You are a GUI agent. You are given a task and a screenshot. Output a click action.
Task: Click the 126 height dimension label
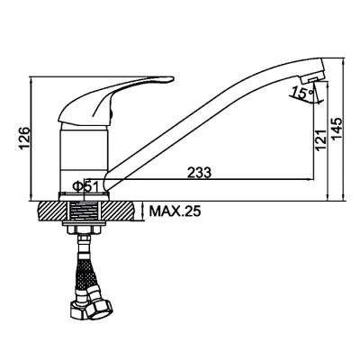click(24, 137)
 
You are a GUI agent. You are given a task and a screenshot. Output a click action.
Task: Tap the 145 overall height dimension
click(337, 129)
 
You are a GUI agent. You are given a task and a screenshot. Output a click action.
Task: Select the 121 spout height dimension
click(320, 140)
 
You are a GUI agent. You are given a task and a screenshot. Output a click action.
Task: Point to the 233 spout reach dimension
click(199, 173)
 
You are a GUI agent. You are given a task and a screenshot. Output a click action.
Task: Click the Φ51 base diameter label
click(85, 187)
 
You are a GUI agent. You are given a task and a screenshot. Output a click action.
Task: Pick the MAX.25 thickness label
click(175, 211)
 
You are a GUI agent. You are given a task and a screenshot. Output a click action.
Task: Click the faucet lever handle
click(115, 101)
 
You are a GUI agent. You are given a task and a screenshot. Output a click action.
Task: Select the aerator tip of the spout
click(312, 77)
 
